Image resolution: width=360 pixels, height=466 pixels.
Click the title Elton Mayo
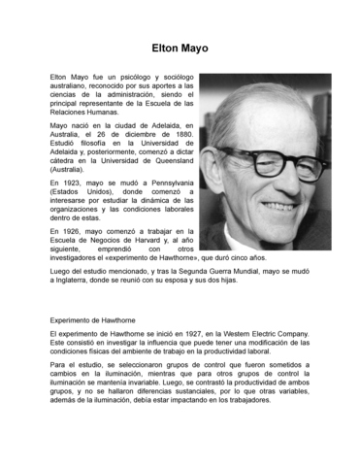coord(180,48)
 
